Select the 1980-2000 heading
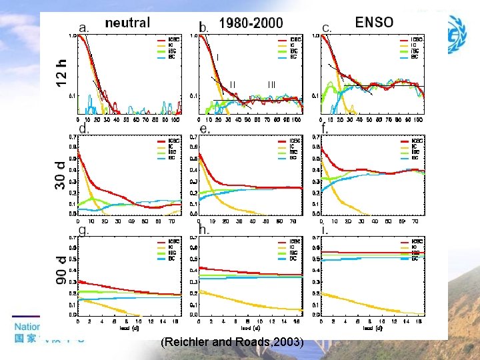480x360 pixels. pos(251,23)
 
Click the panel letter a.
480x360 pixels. pos(85,28)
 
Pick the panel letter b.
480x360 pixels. pos(205,28)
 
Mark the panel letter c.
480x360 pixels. pos(327,27)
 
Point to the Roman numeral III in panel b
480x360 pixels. pos(272,84)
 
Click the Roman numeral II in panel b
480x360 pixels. pos(233,84)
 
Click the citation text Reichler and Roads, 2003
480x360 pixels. pos(232,342)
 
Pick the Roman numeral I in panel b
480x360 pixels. pos(218,57)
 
